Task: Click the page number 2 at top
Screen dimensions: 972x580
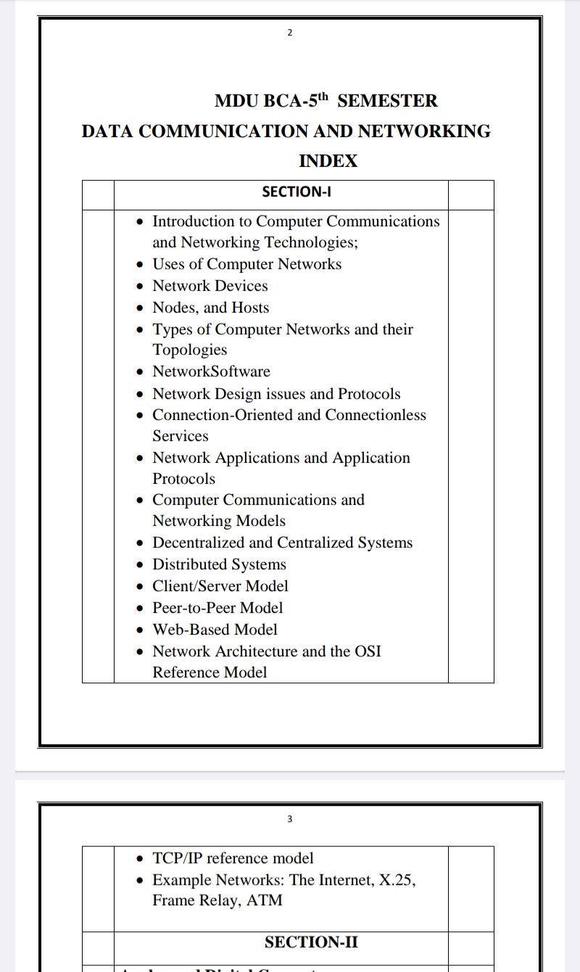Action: (289, 33)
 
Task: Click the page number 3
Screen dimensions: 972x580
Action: (289, 819)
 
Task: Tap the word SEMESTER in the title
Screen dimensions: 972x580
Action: (387, 101)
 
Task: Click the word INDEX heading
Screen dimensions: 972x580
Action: (328, 161)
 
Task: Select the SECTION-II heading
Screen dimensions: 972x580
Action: (311, 942)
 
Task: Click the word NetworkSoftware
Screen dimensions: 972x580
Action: (211, 371)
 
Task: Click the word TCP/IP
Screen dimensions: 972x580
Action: (177, 858)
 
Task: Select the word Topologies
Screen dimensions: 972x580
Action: (189, 350)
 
